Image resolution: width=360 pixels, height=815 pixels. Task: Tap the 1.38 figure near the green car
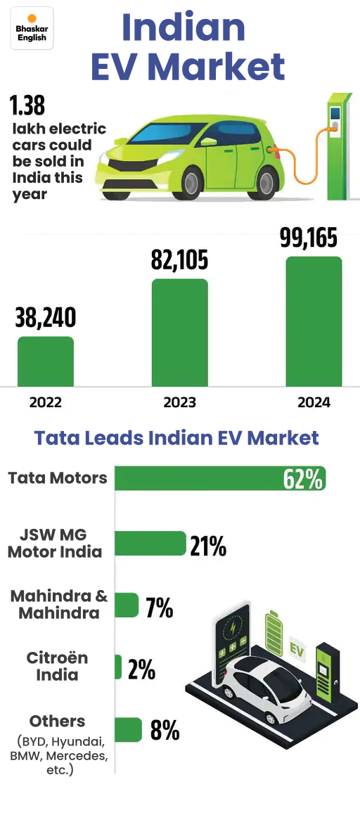[27, 105]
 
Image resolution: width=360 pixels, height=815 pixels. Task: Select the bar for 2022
[45, 361]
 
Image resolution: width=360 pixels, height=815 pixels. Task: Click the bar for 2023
[180, 333]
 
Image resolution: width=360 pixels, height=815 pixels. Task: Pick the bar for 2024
[314, 321]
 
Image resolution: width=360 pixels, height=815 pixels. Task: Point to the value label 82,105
[180, 261]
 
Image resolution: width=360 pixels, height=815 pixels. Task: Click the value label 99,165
[309, 238]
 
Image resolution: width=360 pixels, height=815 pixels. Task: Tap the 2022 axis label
[45, 403]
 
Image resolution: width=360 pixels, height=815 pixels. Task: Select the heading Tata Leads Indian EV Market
[176, 438]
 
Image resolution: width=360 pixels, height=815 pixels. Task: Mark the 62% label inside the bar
[303, 480]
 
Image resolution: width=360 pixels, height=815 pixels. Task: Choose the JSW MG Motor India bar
[149, 544]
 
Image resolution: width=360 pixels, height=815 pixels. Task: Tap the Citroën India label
[58, 666]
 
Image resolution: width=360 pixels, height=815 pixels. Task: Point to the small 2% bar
[118, 667]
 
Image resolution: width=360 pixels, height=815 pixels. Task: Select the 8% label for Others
[165, 731]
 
